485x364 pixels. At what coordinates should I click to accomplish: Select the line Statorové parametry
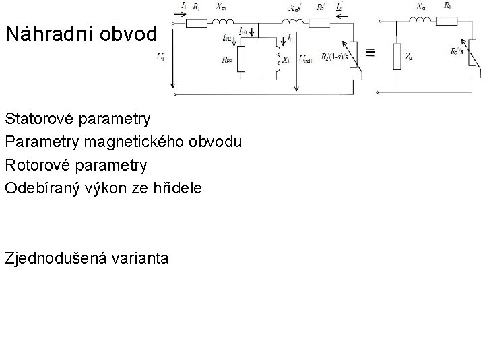(x=77, y=119)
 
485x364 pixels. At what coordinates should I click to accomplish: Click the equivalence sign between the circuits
(x=370, y=51)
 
